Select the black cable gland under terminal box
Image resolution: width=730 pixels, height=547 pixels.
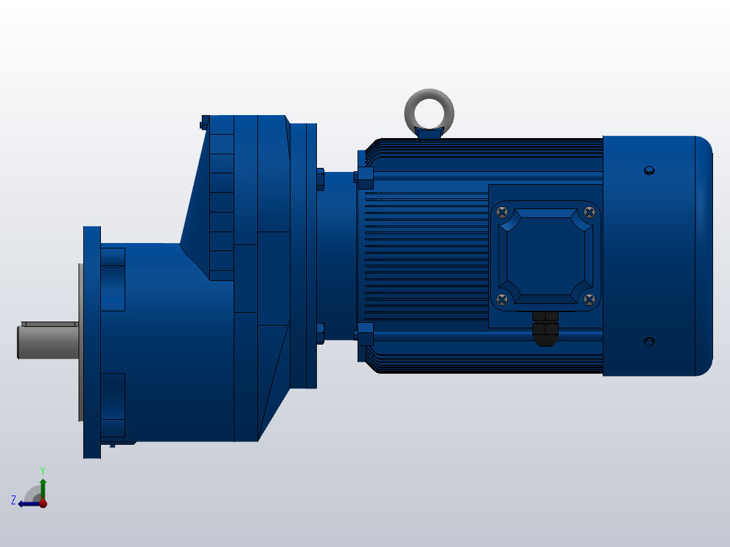coord(544,328)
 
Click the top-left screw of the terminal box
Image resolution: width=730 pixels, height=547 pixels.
coord(502,212)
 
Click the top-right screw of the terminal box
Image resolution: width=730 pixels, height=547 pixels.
coord(589,212)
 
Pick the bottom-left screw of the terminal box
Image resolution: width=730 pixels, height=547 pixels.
coord(502,299)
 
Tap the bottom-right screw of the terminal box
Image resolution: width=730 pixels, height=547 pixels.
coord(589,299)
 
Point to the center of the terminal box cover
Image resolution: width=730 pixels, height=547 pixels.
coord(545,255)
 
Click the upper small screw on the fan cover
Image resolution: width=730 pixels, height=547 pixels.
coord(649,170)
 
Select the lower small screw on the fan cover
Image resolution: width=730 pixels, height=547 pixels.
coord(649,341)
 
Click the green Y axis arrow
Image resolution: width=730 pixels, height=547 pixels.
coord(43,486)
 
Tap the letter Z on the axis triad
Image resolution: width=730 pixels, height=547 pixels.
coord(14,500)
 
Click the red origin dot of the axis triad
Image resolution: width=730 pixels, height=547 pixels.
coord(43,504)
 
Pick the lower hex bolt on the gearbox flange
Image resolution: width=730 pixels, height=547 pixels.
coord(320,334)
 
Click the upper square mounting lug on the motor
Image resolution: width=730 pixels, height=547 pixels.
coord(364,178)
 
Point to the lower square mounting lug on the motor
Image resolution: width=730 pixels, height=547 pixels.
coord(364,334)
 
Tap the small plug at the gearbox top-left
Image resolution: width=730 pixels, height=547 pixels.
coord(204,123)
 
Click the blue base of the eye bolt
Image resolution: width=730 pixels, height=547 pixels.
coord(429,133)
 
